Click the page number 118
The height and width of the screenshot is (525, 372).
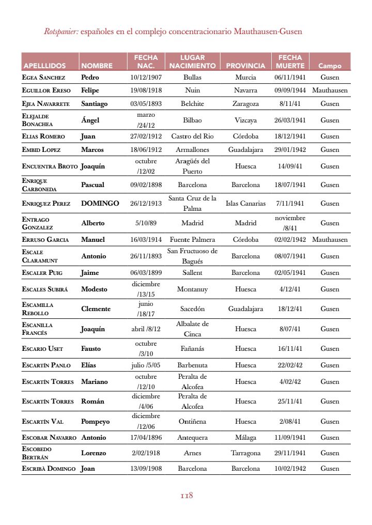point(187,496)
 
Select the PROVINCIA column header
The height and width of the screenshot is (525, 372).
point(245,66)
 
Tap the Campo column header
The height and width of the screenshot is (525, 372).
point(330,66)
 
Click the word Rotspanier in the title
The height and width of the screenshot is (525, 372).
point(61,32)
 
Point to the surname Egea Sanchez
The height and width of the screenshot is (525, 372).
point(43,78)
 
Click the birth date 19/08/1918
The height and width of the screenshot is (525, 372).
point(146,90)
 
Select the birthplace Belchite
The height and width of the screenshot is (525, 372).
point(192,104)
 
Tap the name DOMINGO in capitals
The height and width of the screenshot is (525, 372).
point(100,204)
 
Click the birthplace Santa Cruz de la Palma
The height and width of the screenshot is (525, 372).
point(192,204)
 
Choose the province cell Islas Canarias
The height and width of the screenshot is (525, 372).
point(245,204)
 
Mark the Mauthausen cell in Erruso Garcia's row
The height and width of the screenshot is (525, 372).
point(330,240)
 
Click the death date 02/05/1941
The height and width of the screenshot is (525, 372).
point(290,273)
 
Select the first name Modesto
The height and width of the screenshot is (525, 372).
point(94,289)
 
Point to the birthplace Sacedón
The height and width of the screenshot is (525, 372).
point(192,309)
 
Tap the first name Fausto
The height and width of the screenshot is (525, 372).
point(91,349)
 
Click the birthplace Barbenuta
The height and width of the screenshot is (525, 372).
point(192,365)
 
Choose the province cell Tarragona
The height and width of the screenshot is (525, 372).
point(245,453)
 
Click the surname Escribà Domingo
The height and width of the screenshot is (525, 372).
point(48,469)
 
